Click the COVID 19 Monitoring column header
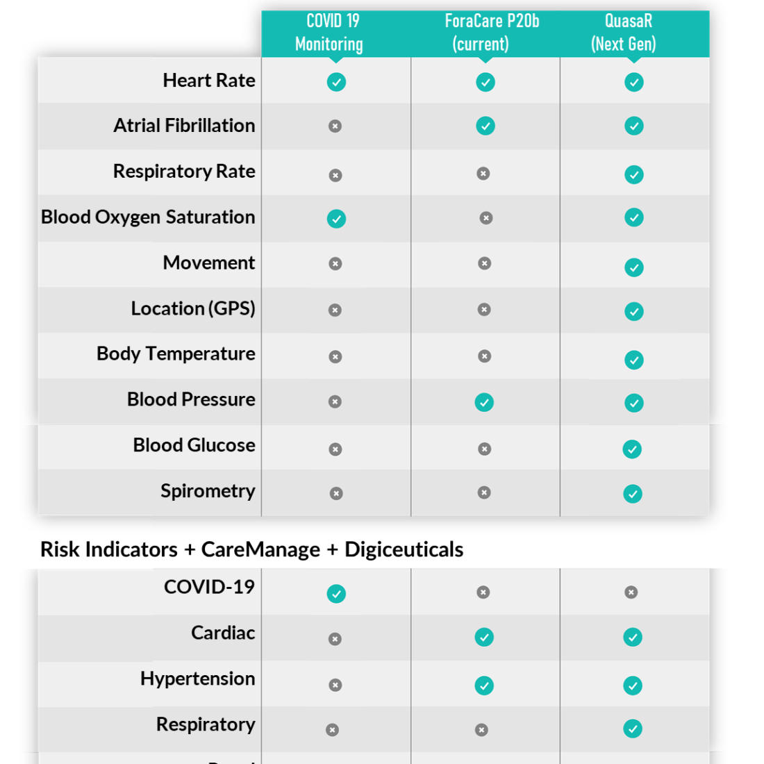pyautogui.click(x=329, y=33)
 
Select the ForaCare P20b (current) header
pyautogui.click(x=492, y=33)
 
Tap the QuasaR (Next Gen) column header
pyautogui.click(x=624, y=33)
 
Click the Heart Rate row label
pyautogui.click(x=209, y=81)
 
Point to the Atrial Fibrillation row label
pyautogui.click(x=184, y=126)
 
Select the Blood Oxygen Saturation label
pyautogui.click(x=148, y=217)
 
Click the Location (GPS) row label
pyautogui.click(x=194, y=308)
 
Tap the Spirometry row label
pyautogui.click(x=208, y=491)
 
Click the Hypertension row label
pyautogui.click(x=198, y=679)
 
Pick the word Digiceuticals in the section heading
pyautogui.click(x=404, y=549)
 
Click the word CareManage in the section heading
pyautogui.click(x=260, y=549)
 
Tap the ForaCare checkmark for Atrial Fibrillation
pyautogui.click(x=485, y=126)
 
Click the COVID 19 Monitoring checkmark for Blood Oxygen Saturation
pyautogui.click(x=337, y=219)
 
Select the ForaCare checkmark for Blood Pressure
pyautogui.click(x=484, y=402)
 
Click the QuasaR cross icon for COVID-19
pyautogui.click(x=631, y=592)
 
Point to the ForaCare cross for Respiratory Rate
pyautogui.click(x=483, y=174)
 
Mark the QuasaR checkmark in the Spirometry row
pyautogui.click(x=633, y=494)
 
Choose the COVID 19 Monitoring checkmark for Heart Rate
pyautogui.click(x=337, y=83)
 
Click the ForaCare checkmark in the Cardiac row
pyautogui.click(x=484, y=638)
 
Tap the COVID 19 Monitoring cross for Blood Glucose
pyautogui.click(x=335, y=449)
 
